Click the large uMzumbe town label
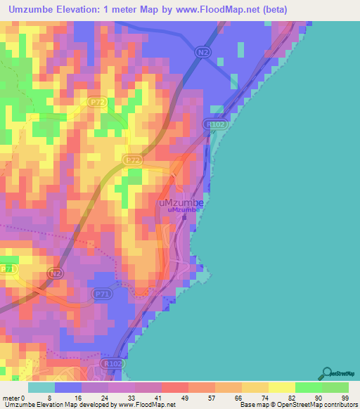pos(180,202)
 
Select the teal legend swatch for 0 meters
pos(41,387)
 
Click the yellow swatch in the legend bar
pos(281,387)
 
